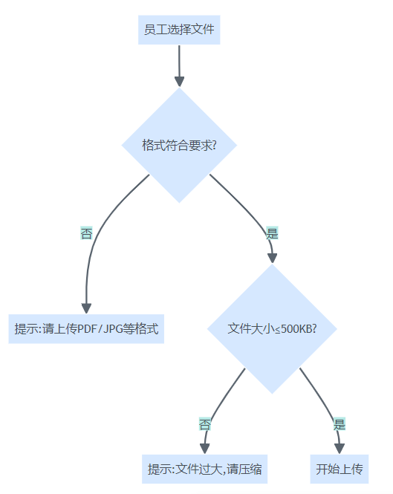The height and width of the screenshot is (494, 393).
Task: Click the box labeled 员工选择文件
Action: coord(179,30)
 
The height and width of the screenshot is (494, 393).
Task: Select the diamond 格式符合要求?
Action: coord(179,146)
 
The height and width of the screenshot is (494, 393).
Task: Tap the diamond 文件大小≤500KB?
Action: coord(273,328)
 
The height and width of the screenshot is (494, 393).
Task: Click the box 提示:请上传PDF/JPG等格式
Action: coord(86,328)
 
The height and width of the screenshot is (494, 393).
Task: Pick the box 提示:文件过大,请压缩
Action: coord(204,469)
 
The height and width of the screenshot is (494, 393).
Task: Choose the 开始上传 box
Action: coord(340,469)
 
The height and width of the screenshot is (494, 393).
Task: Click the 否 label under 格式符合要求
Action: coord(86,233)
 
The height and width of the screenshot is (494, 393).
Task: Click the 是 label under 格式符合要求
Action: coord(273,233)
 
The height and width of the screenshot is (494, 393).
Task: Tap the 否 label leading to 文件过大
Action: coord(205,424)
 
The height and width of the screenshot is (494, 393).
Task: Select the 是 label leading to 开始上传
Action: coord(340,424)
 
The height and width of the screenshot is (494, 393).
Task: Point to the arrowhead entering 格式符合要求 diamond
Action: coord(179,82)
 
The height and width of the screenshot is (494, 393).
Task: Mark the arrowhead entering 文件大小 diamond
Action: coord(273,258)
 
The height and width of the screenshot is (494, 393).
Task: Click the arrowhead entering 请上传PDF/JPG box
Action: coord(86,308)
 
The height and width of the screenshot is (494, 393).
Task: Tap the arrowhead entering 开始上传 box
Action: coord(340,449)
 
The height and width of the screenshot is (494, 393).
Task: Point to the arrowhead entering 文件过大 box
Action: coord(205,449)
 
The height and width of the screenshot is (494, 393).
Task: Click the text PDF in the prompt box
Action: coord(88,329)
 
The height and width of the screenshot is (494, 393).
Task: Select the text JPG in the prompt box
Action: coord(113,329)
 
